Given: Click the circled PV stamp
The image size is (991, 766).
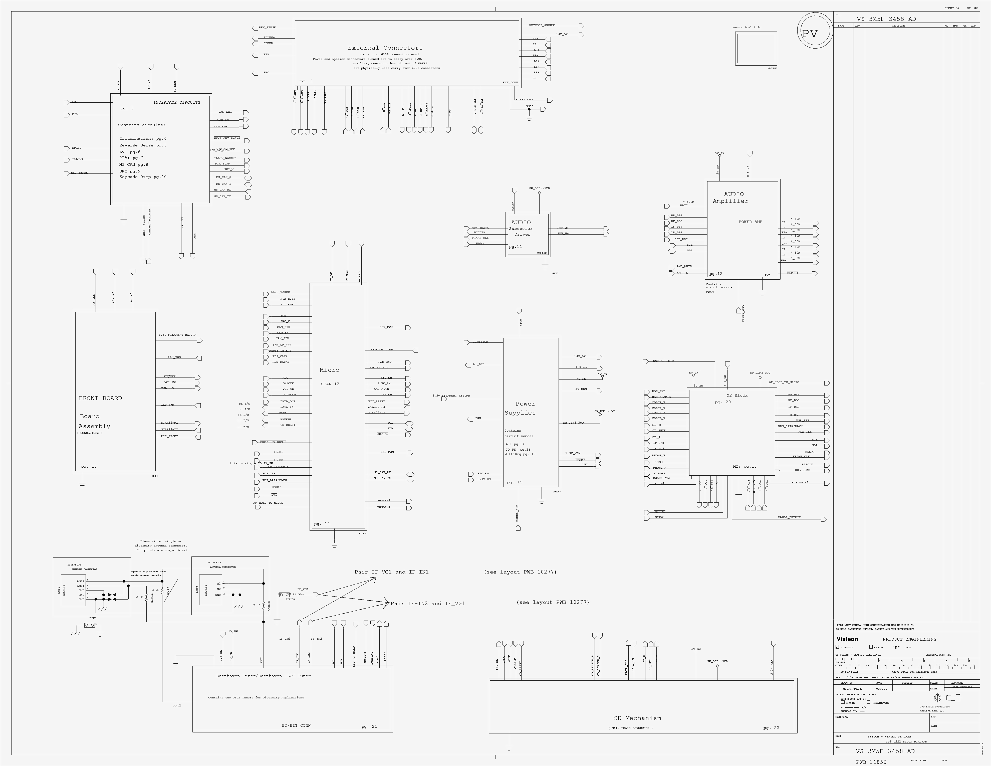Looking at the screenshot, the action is pos(810,33).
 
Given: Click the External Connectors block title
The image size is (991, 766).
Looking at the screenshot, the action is pos(385,48).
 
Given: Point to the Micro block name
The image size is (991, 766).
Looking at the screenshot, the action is pos(329,370).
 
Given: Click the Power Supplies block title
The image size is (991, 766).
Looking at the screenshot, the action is pos(521,408).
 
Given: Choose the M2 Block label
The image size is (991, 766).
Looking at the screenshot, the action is pos(737,395).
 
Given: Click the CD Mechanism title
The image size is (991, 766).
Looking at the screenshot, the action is pos(637,718).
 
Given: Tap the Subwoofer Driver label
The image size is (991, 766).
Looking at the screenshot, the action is pos(521,232).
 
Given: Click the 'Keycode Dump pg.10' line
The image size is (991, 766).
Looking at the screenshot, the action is pos(143,177).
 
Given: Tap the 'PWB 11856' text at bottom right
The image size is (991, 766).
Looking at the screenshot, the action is pos(871,762).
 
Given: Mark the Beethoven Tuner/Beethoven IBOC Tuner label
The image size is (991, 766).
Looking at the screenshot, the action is pos(263,676).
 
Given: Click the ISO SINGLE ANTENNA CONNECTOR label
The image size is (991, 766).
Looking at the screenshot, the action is pos(222,564).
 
